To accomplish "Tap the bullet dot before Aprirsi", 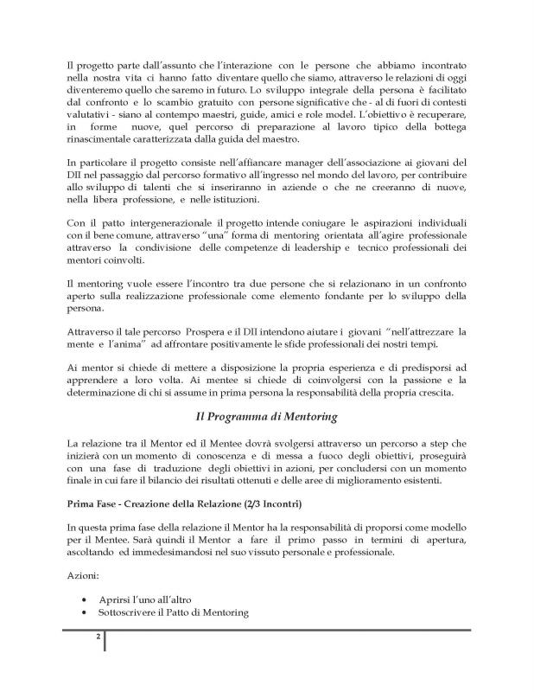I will (82, 599).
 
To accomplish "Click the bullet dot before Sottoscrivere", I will (82, 612).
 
